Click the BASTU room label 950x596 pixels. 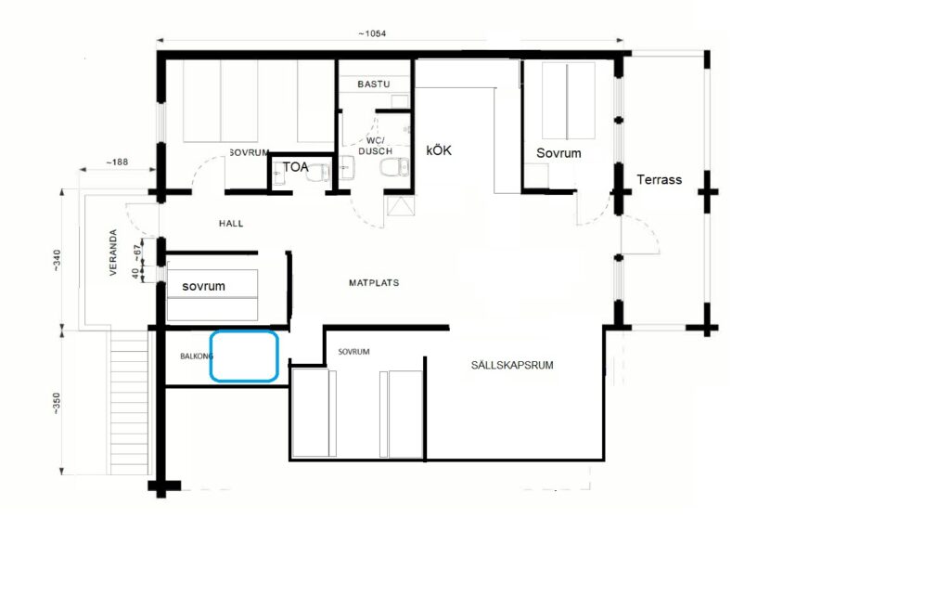point(373,84)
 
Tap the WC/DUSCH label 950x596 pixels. point(376,146)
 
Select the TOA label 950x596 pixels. point(296,167)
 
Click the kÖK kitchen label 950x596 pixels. point(439,150)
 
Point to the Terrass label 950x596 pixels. point(660,179)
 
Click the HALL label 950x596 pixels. point(231,224)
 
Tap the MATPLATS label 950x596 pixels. point(374,282)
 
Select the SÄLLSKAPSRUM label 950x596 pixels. point(512,365)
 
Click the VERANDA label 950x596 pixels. point(113,253)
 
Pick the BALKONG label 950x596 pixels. point(197,356)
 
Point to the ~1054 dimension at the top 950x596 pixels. point(371,33)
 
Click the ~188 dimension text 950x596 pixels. point(117,162)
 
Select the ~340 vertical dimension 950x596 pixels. point(57,260)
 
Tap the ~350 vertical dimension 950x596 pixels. point(57,403)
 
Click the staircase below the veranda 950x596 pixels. point(129,403)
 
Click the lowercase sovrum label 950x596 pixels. point(203,286)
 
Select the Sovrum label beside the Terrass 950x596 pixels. point(558,153)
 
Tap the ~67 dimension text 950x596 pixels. point(138,250)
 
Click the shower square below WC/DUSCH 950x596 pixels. point(402,205)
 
